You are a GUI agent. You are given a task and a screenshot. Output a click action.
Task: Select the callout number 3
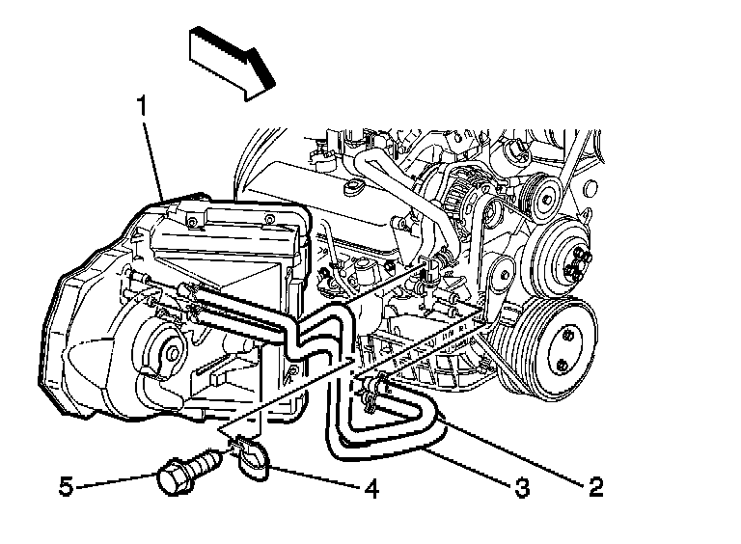tap(522, 488)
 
